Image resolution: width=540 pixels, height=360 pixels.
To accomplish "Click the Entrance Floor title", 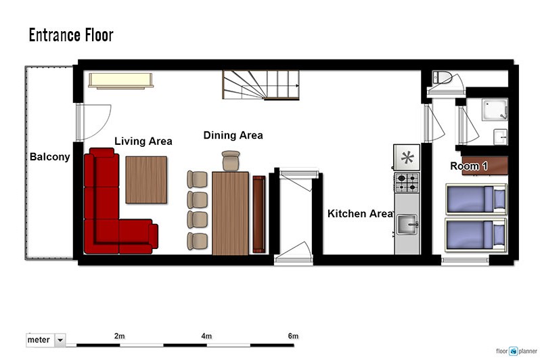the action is (71, 35).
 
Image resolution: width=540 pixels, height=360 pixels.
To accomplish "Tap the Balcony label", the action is (50, 157).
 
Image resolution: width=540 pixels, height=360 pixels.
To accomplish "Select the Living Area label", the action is (143, 141).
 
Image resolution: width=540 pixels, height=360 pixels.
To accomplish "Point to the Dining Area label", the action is (233, 135).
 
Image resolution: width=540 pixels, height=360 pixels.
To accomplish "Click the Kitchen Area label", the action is (361, 214).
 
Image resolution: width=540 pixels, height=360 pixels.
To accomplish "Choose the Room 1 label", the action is (469, 166).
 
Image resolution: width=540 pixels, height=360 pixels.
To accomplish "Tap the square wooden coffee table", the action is (146, 180).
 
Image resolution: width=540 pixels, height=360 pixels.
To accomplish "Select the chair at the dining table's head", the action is (231, 160).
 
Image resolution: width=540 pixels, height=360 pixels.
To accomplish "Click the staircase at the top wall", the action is (261, 85).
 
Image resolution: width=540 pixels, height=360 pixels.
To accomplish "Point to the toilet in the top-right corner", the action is (442, 78).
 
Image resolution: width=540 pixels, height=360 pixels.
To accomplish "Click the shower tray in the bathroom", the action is (495, 110).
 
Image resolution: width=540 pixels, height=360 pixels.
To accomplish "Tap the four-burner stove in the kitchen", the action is (407, 183).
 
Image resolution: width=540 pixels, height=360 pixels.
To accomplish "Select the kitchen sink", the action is (407, 225).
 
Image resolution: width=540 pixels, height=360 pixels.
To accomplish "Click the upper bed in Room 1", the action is (476, 199).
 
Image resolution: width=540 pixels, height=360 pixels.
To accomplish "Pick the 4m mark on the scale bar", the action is (206, 336).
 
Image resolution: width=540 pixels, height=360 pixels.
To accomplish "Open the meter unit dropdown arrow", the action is (60, 340).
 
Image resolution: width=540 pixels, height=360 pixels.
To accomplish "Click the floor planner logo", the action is (516, 351).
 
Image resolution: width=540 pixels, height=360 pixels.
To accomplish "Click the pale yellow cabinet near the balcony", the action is (120, 81).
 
